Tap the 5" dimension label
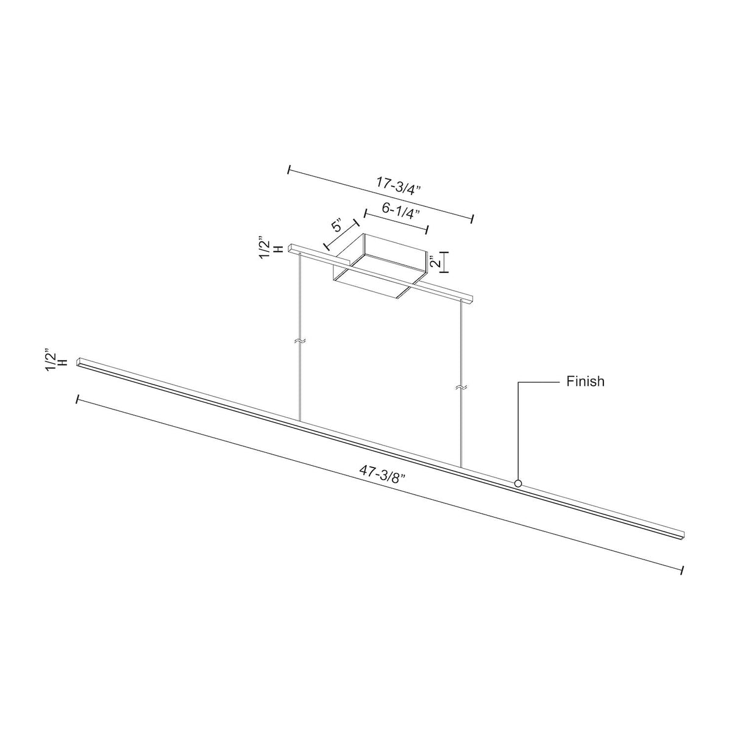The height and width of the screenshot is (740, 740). point(338,226)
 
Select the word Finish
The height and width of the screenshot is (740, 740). point(585,382)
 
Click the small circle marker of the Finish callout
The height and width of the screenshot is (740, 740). point(518,483)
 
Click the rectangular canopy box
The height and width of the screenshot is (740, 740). point(378,268)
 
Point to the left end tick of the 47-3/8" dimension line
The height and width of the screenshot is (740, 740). point(77,399)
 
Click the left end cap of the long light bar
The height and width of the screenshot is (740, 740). point(80,362)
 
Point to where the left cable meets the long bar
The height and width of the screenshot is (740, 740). point(300,421)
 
